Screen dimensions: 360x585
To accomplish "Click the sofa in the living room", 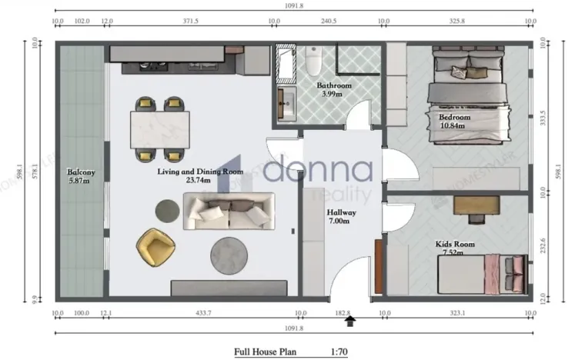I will (229, 210).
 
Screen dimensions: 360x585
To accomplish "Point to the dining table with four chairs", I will (161, 129).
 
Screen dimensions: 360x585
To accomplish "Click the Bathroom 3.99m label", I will (334, 90).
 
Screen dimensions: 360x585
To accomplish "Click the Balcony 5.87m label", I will (80, 176).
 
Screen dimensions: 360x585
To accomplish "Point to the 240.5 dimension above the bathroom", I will (329, 22).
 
